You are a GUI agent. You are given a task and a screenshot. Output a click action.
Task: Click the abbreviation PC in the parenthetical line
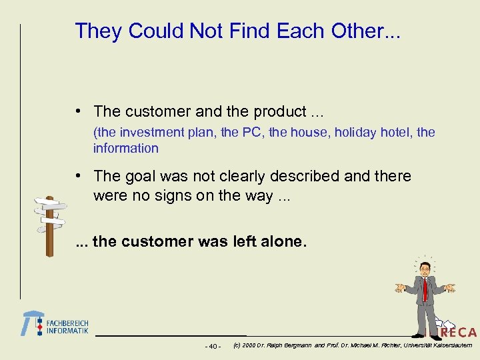[x=251, y=132]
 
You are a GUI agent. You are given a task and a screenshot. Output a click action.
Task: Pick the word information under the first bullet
[x=125, y=148]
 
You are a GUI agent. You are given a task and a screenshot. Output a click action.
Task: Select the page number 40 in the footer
[x=213, y=346]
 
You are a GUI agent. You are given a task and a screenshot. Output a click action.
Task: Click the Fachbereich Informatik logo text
[x=67, y=326]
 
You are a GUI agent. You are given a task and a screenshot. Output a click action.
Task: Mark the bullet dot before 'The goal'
[x=79, y=176]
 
